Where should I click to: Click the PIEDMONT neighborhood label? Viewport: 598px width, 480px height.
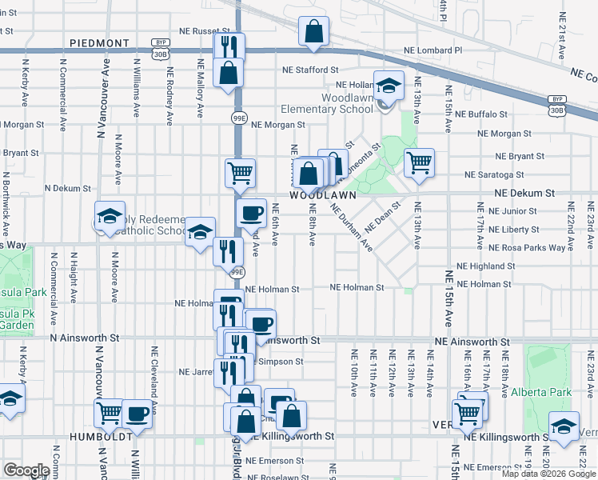(99, 42)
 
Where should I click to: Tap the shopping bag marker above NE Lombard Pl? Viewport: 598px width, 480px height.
(314, 32)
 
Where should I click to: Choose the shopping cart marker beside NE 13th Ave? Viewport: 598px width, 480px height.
(419, 163)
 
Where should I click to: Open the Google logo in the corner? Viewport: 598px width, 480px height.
(26, 470)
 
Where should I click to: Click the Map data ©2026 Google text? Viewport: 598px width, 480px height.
(548, 474)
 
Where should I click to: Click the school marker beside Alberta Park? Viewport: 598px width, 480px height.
(564, 426)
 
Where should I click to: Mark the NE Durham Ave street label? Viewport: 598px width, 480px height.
(351, 224)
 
